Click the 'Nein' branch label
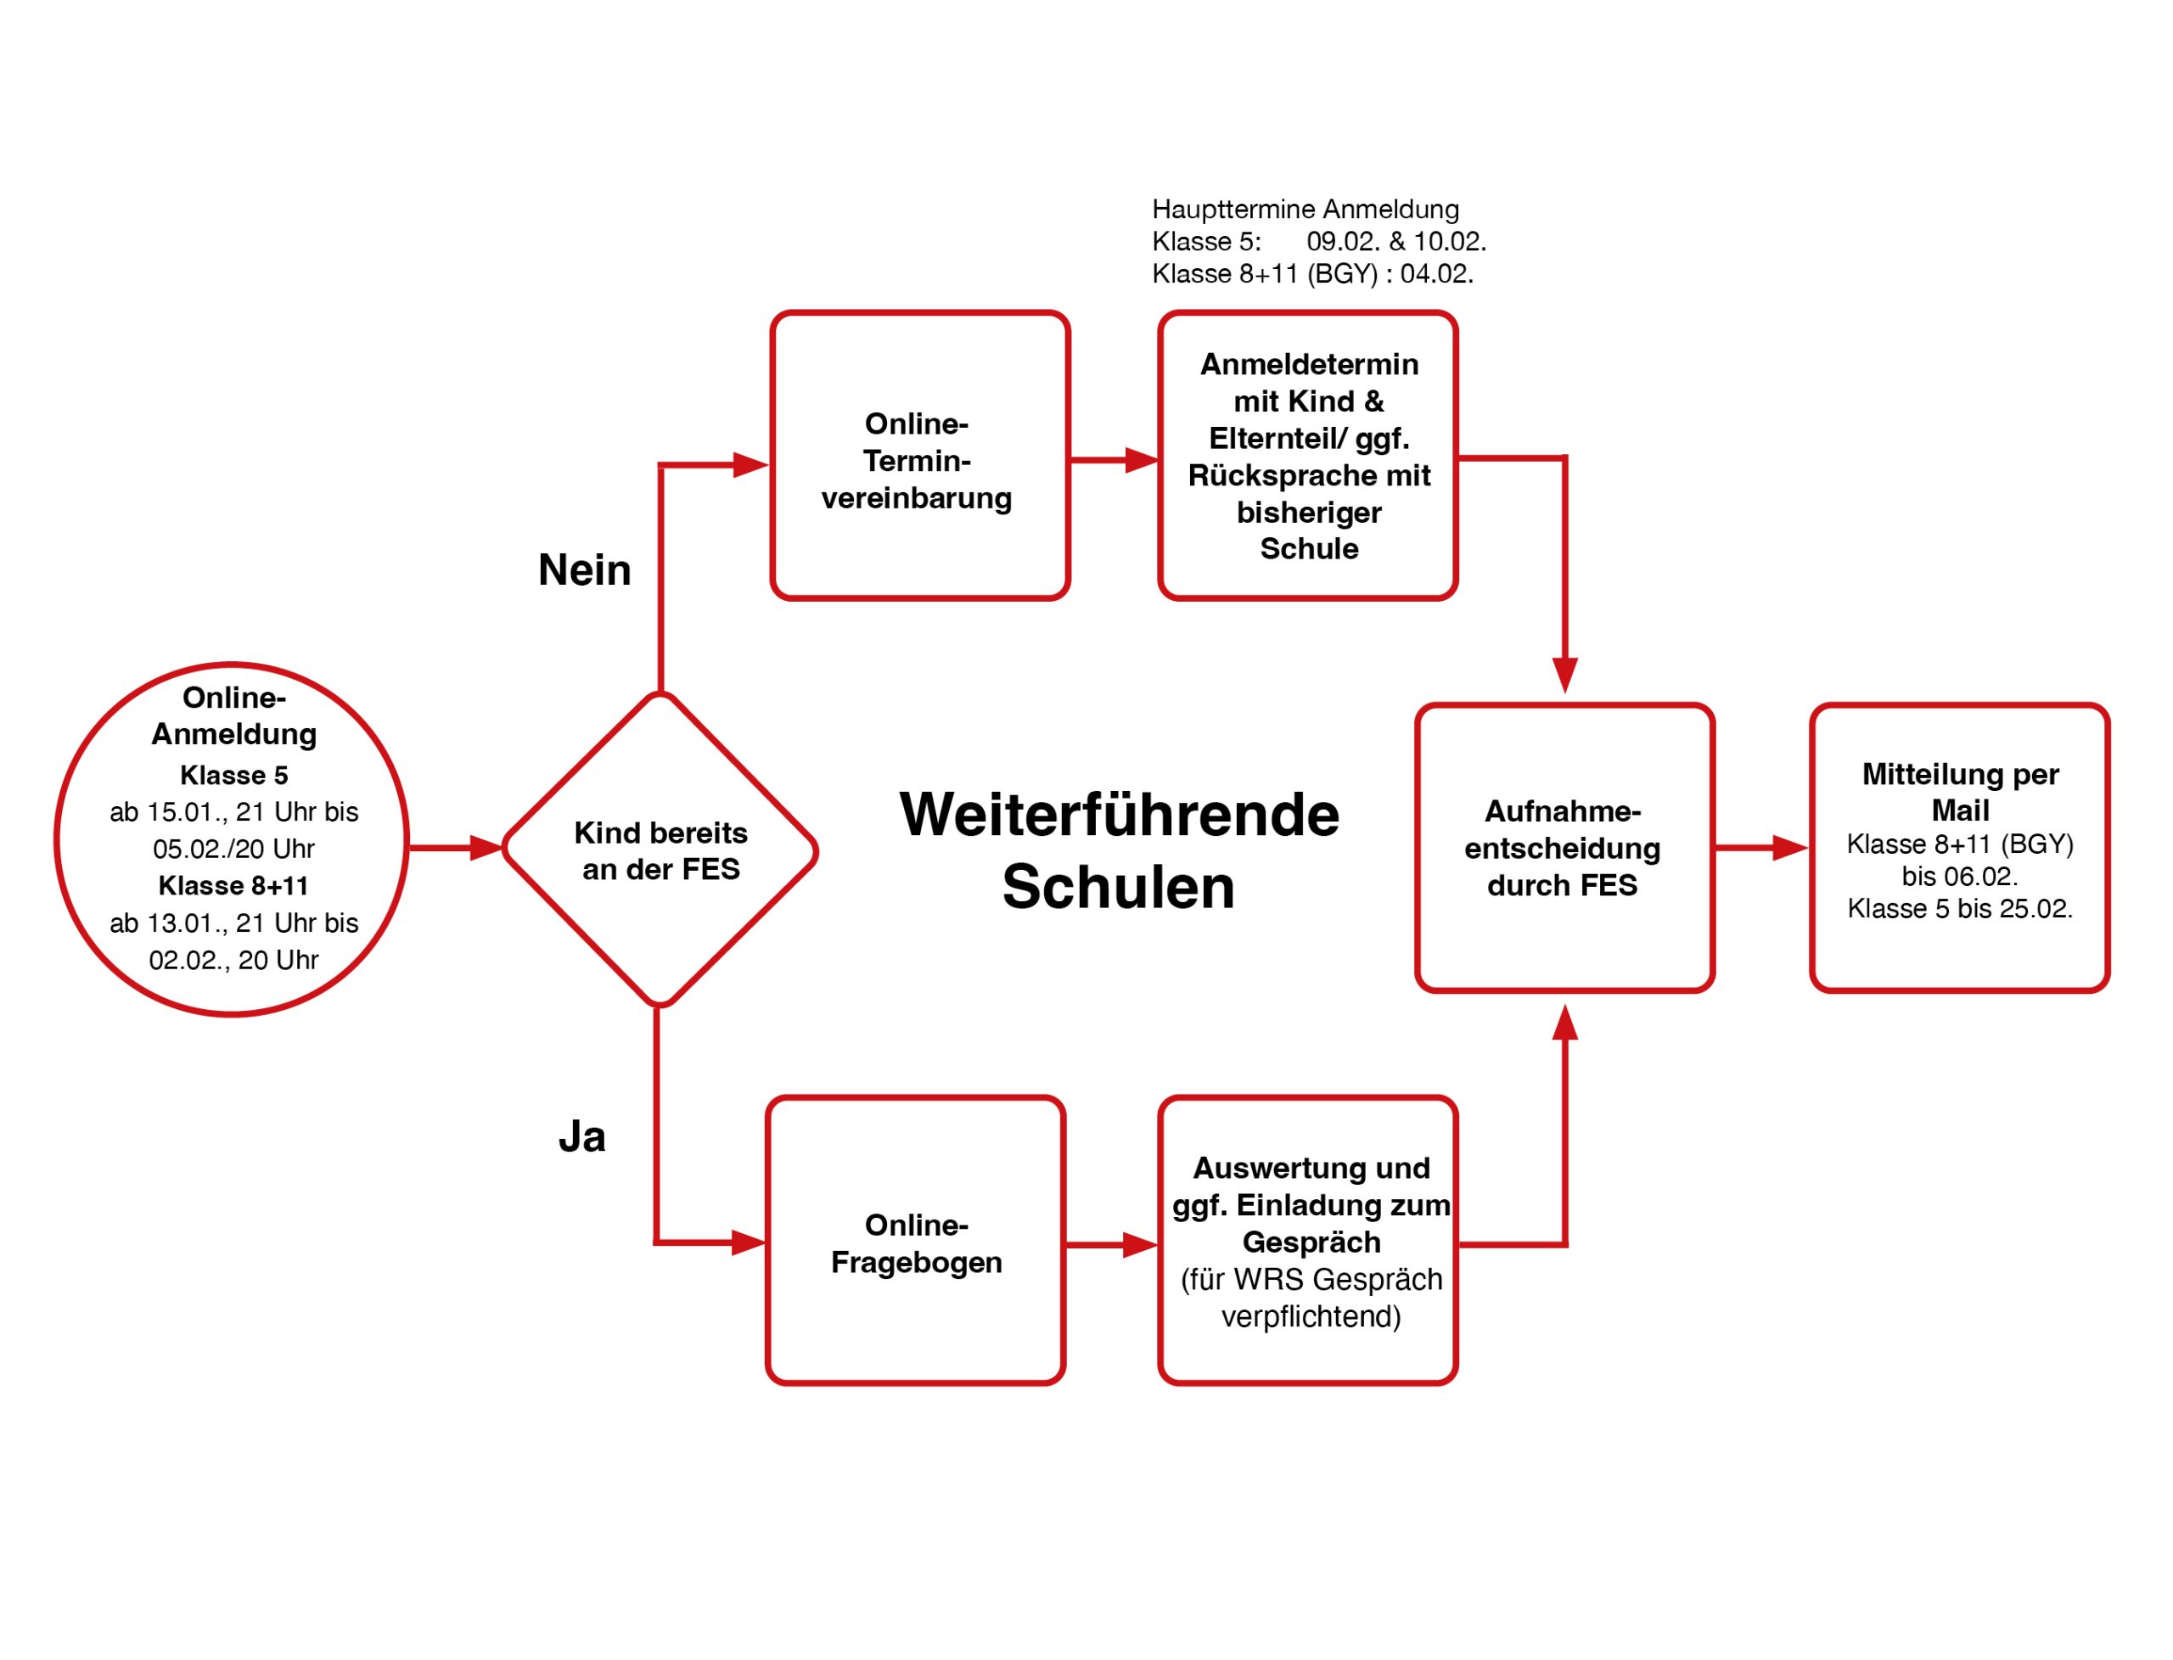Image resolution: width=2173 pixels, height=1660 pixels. tap(584, 570)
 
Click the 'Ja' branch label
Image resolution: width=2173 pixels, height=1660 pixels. tap(582, 1137)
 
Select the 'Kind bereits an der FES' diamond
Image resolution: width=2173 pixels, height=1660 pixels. tap(660, 850)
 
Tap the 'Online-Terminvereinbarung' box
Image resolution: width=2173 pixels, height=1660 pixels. tap(919, 457)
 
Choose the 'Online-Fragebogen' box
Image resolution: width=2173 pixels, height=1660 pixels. tap(915, 1241)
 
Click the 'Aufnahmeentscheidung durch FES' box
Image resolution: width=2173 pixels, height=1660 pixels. tap(1564, 848)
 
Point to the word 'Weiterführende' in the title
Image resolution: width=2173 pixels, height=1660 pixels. tap(1119, 816)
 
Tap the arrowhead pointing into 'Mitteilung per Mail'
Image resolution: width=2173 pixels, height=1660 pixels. tap(1788, 847)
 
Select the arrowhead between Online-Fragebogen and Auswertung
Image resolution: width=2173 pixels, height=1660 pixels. tap(1139, 1245)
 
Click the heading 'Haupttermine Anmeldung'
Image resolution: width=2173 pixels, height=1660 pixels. tap(1305, 210)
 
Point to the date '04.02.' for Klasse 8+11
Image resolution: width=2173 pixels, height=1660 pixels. tap(1436, 274)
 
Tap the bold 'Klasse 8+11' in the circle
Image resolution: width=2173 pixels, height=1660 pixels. tap(233, 885)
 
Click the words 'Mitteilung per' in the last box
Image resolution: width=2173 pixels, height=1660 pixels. tap(1960, 774)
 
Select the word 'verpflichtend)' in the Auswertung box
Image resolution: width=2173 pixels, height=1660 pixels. tap(1311, 1317)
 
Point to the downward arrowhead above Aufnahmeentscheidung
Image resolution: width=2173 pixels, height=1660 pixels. tap(1564, 675)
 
